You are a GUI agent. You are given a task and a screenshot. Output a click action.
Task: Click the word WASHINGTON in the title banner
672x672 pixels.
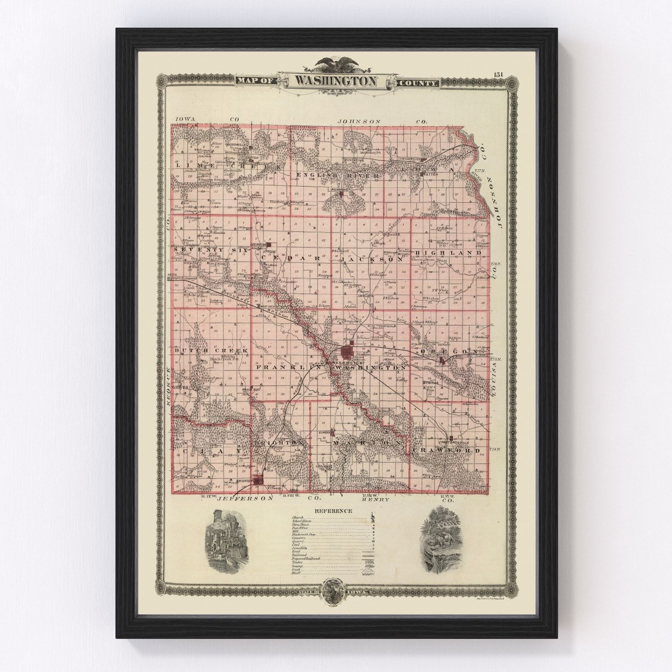pos(336,82)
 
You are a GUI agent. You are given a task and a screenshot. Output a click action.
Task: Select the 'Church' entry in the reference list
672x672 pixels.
pos(298,517)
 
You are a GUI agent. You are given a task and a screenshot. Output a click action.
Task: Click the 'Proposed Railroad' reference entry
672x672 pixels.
pos(306,559)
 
